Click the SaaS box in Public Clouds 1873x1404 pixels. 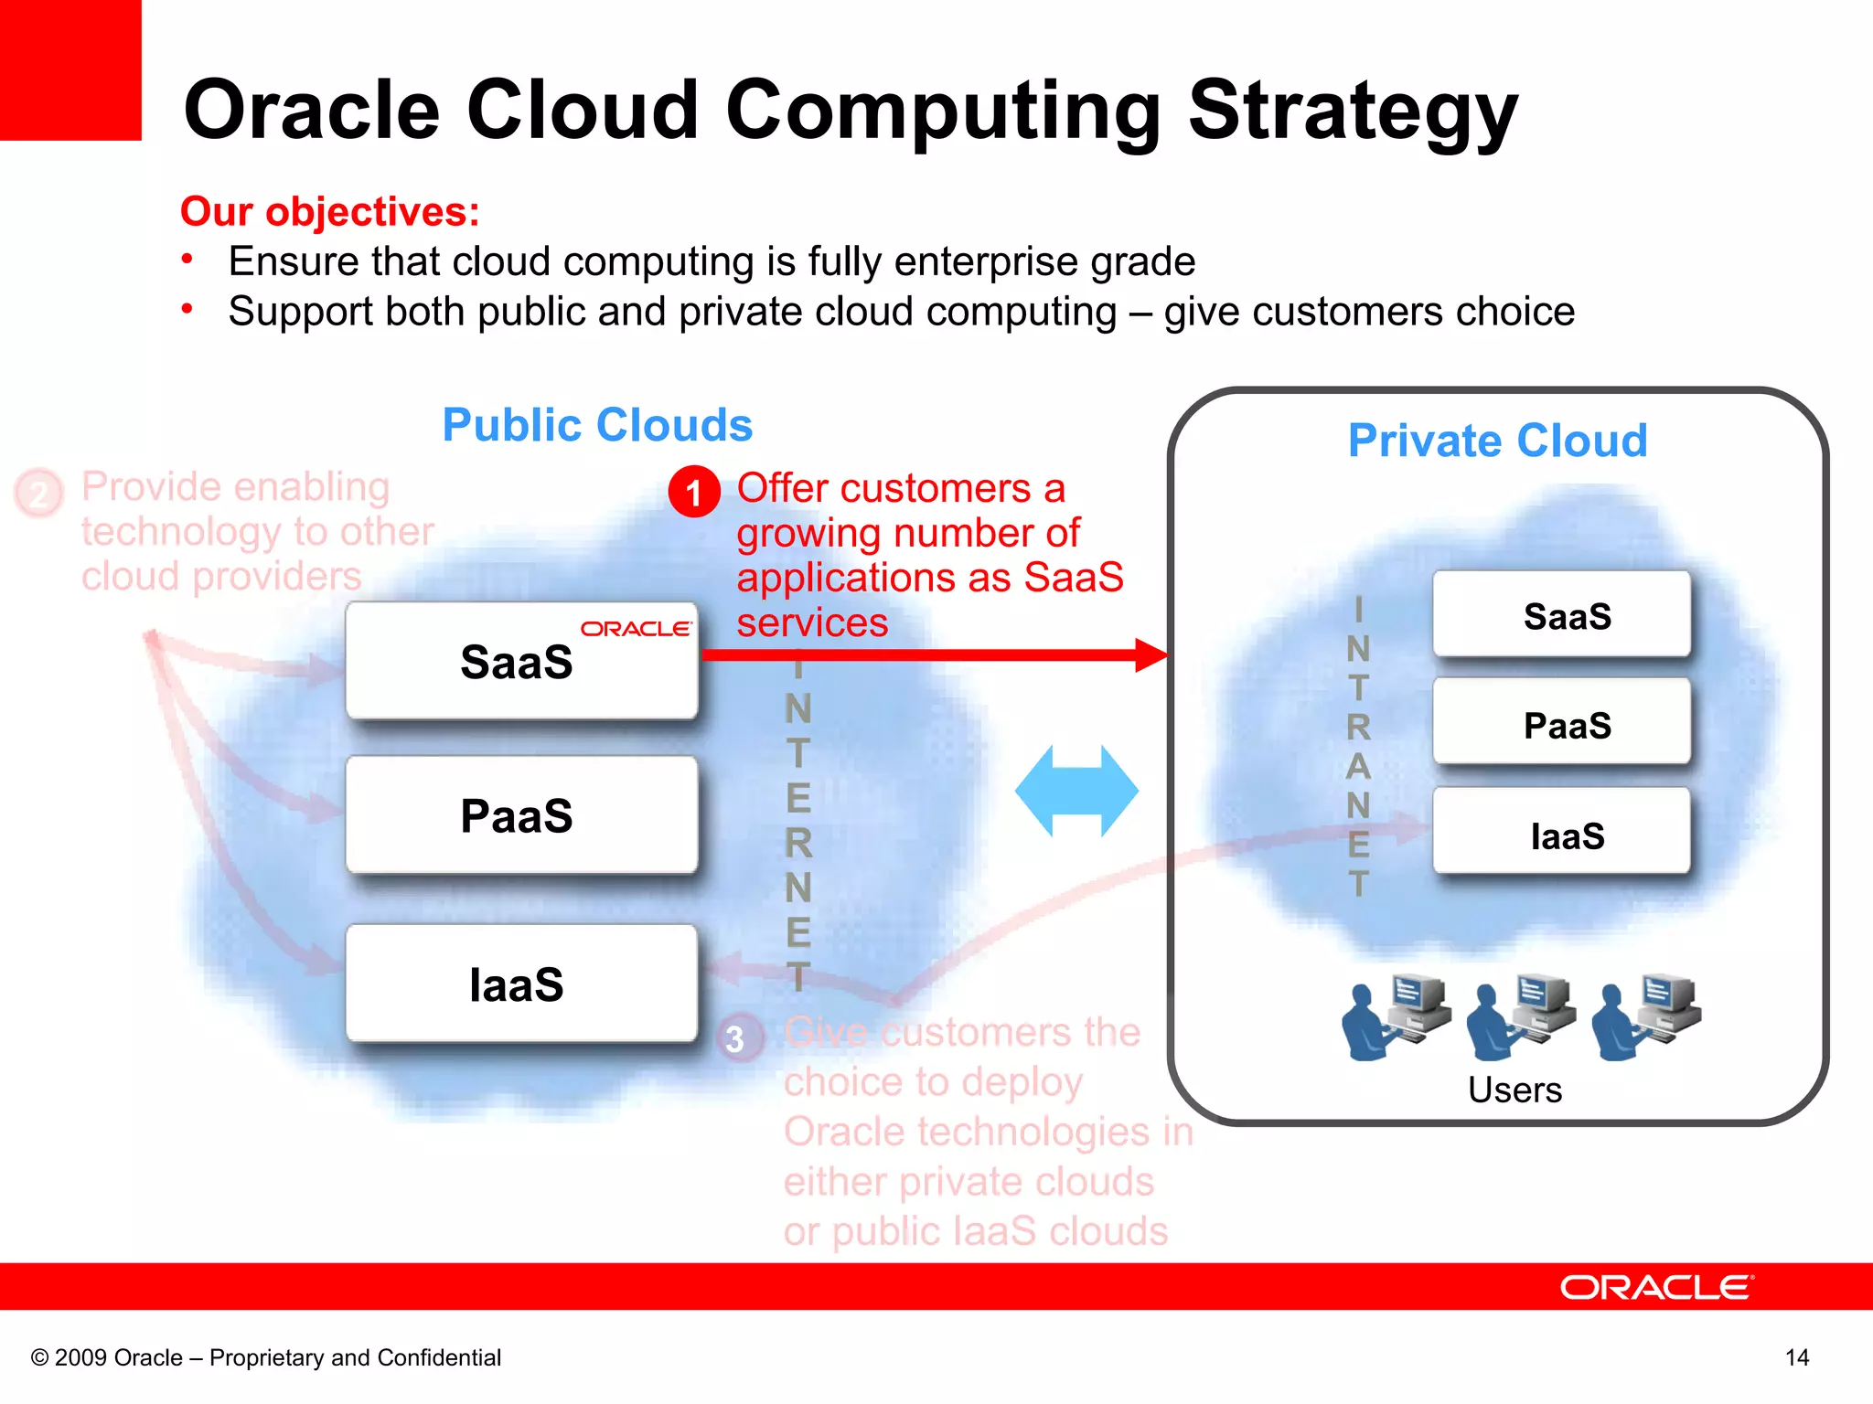coord(521,661)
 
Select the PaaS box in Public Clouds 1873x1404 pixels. coord(521,815)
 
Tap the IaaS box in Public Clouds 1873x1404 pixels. coord(521,984)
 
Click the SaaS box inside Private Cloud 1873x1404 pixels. coord(1561,615)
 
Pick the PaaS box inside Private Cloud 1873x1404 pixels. coord(1561,724)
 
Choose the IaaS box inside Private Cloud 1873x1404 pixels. coord(1561,834)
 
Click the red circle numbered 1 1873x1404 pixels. coord(694,493)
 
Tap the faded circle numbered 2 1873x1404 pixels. coord(38,494)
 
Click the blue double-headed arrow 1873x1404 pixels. coord(1076,791)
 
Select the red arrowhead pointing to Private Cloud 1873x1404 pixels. coord(1151,654)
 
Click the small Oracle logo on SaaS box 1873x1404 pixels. coord(637,629)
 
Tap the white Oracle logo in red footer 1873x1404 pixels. coord(1656,1288)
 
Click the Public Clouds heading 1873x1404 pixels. coord(597,425)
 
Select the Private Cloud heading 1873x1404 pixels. coord(1497,441)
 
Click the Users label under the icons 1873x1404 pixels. coord(1514,1090)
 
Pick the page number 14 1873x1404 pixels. coord(1796,1357)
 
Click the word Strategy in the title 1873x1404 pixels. coord(1353,112)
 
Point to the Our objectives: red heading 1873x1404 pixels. coord(330,211)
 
